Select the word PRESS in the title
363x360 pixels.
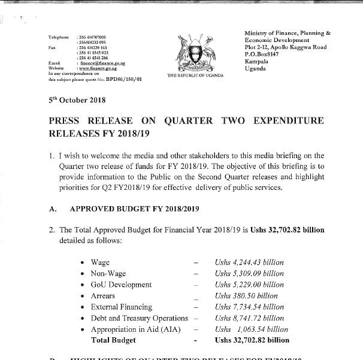[x=67, y=121]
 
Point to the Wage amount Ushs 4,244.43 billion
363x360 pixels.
[x=249, y=262]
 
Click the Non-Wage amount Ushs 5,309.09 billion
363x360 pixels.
[x=249, y=274]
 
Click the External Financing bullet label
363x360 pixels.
[x=121, y=307]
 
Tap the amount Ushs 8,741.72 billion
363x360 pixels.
[x=249, y=318]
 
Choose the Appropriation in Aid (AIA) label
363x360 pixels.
[x=138, y=329]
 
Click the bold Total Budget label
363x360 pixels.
[x=113, y=340]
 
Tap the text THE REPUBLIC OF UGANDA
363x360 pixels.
[x=195, y=75]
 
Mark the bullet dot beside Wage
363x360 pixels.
[x=81, y=263]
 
